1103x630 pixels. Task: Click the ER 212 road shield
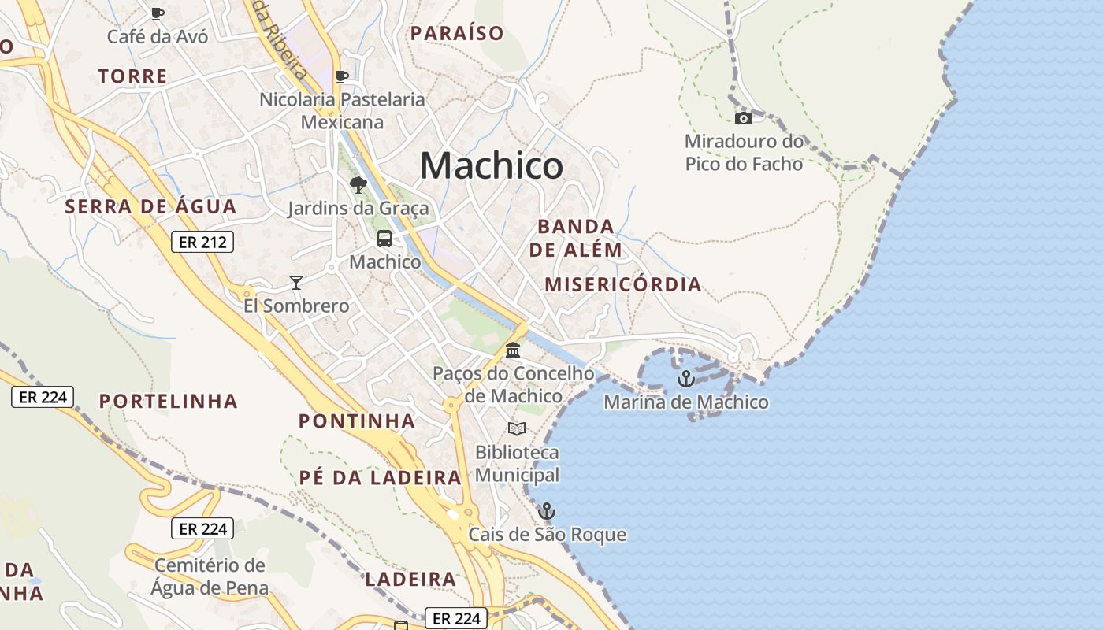202,242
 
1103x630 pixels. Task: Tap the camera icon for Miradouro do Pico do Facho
743,119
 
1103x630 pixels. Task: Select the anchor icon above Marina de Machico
686,379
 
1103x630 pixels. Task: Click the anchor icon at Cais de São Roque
547,511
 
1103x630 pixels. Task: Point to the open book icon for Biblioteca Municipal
517,428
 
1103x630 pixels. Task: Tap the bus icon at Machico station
384,238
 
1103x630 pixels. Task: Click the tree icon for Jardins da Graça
358,185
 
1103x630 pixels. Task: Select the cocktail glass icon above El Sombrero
296,282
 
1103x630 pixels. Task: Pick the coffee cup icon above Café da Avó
158,13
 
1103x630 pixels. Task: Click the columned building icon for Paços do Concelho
513,350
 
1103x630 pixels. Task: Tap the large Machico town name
492,165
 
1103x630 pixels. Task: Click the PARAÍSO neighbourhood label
457,33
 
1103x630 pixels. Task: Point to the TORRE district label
132,76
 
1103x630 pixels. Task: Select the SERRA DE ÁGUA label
150,207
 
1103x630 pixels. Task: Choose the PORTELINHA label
169,401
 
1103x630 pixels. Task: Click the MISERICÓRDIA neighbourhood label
622,284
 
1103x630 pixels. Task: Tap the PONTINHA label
356,421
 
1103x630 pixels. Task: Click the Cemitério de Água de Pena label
210,576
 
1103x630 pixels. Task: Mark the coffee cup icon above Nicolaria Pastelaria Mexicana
341,77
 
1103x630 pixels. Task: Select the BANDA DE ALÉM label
575,238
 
